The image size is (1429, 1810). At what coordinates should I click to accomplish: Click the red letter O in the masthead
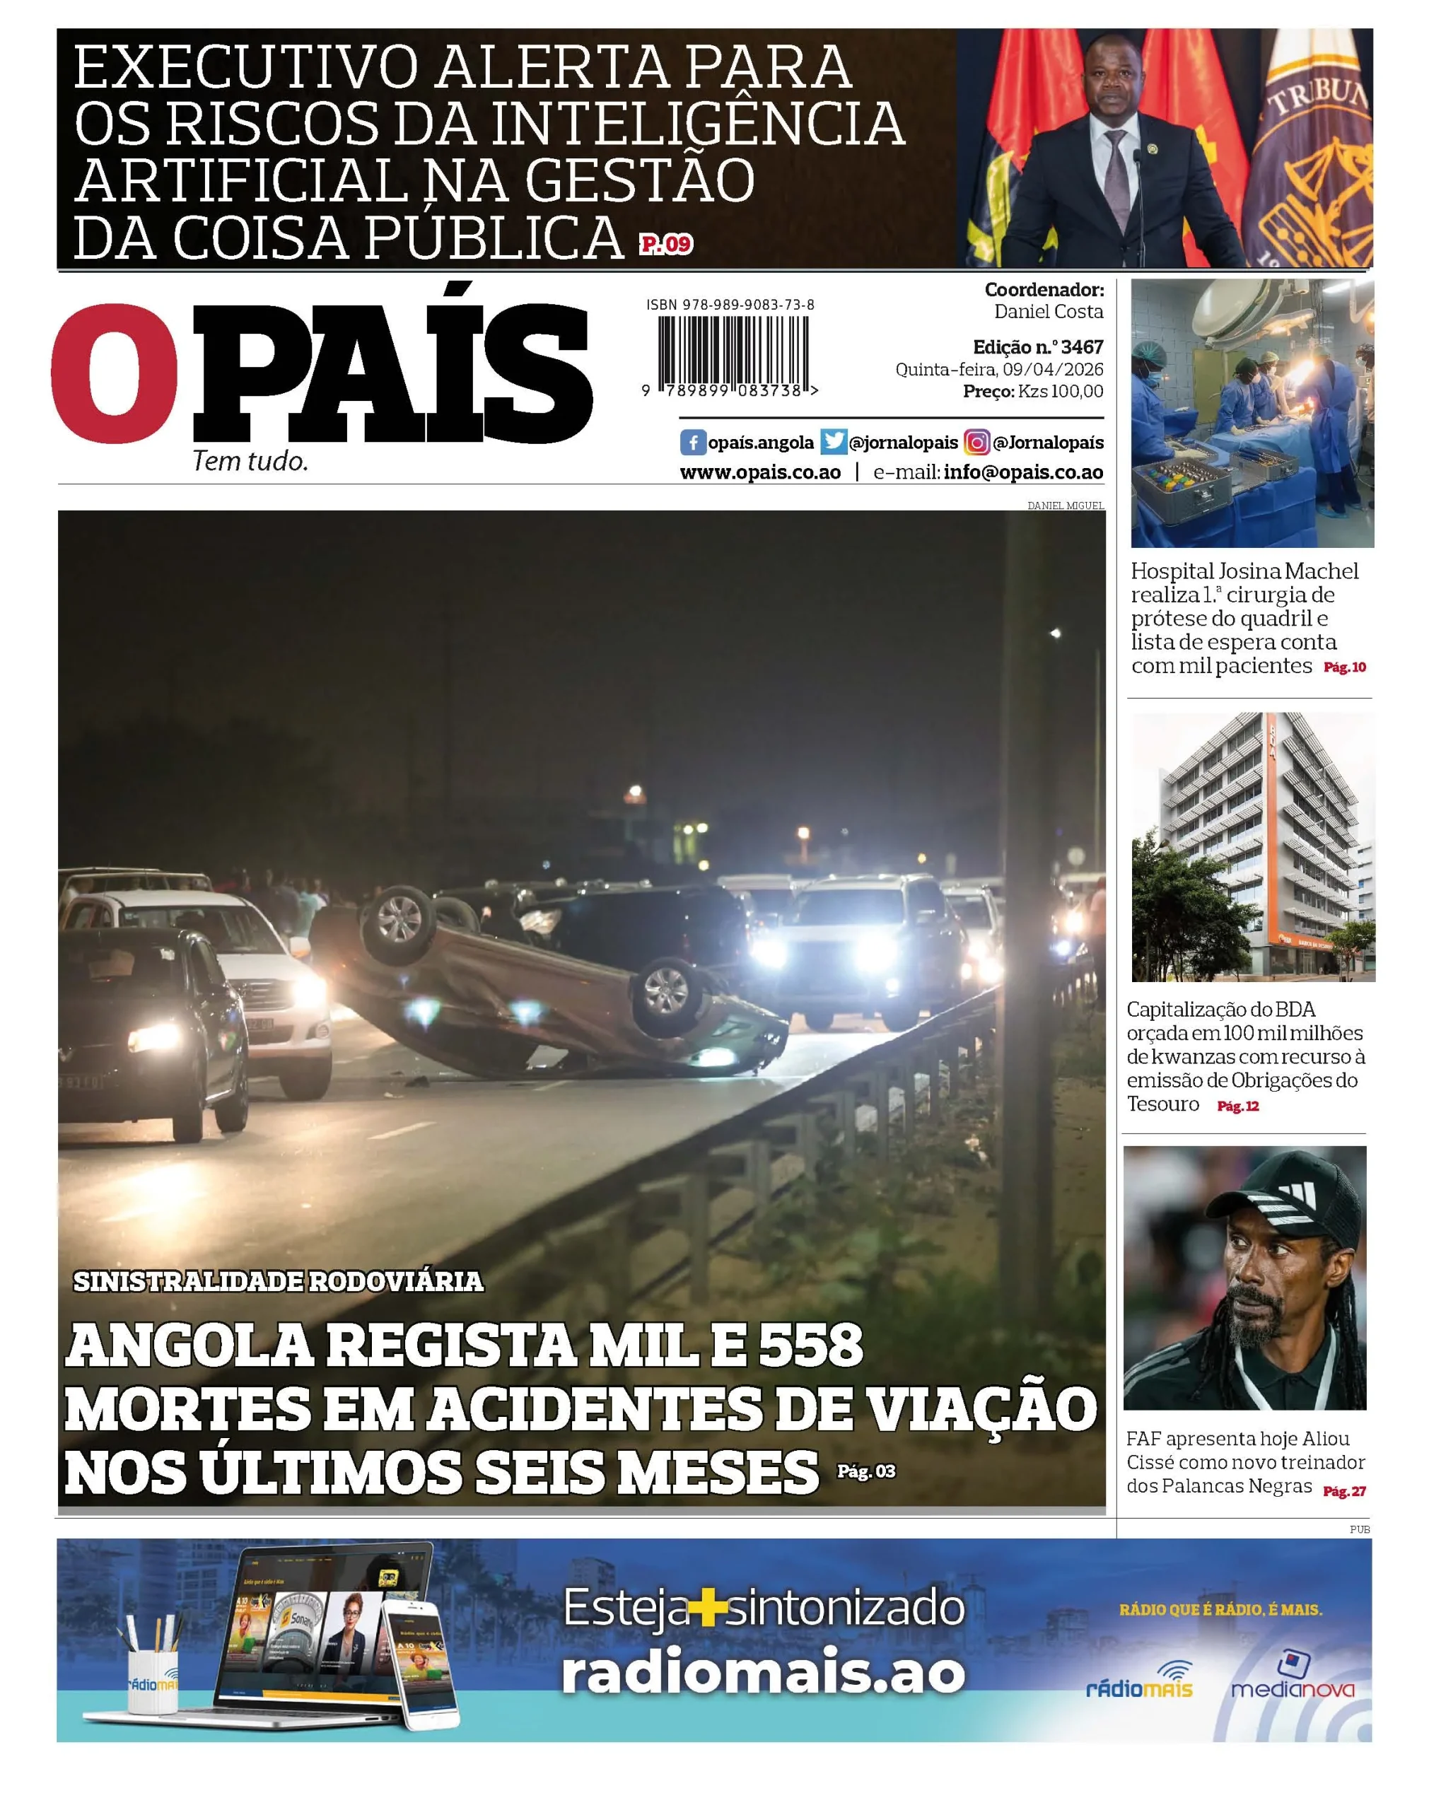pos(115,373)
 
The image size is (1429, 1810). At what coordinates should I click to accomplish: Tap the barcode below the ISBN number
pos(734,351)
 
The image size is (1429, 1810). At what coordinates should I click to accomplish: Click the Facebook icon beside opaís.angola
pos(692,443)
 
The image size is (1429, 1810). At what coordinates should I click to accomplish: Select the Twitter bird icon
pos(834,442)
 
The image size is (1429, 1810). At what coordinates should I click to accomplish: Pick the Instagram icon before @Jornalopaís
pos(976,443)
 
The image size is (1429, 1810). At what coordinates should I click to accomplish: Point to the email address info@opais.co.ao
pos(1023,472)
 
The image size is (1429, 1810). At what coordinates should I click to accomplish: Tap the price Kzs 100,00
pos(1060,392)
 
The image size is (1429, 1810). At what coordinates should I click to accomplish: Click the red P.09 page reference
pos(667,244)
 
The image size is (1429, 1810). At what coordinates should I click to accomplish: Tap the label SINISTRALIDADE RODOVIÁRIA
pos(278,1281)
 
